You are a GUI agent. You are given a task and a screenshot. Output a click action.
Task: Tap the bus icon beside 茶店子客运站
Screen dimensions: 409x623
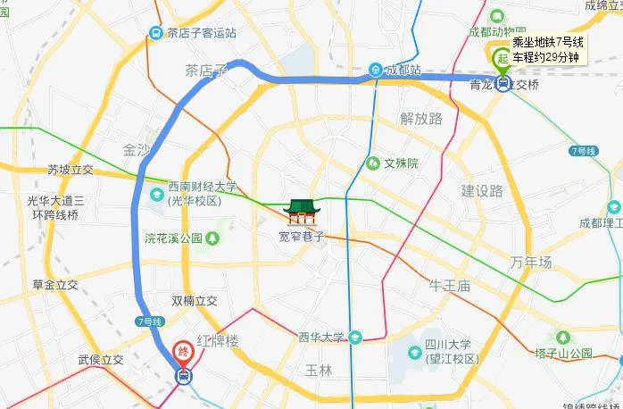[x=155, y=33]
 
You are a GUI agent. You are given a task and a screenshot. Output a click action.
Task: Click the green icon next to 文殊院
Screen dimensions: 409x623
[x=372, y=163]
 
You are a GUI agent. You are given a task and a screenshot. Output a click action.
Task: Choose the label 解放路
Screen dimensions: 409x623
[x=421, y=119]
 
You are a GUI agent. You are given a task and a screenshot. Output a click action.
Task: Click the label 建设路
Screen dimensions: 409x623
[x=482, y=190]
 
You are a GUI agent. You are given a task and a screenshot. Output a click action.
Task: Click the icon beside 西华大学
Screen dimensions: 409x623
[x=355, y=337]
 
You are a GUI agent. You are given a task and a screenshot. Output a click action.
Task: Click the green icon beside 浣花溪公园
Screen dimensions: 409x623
[x=211, y=238]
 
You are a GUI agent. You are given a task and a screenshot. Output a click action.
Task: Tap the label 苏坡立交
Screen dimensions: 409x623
[x=71, y=170]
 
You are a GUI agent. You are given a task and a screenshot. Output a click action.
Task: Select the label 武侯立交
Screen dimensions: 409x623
[x=100, y=359]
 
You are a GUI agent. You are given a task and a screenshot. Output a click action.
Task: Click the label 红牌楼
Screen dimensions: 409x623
[x=218, y=342]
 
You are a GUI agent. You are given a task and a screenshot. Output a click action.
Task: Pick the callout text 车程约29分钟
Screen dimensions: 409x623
[x=547, y=58]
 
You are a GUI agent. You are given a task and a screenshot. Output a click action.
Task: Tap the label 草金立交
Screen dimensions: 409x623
[x=55, y=285]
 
